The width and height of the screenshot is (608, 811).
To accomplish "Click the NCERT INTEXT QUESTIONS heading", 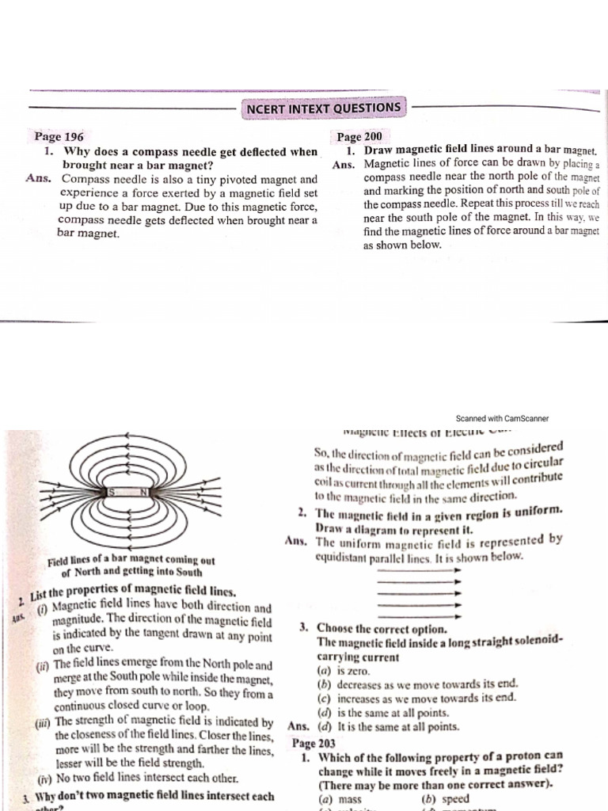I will pos(324,107).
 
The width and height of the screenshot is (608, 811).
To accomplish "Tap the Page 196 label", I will pos(59,137).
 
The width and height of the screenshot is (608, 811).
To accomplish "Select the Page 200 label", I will pos(359,137).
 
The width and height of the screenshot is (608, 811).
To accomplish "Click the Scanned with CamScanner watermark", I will pos(502,418).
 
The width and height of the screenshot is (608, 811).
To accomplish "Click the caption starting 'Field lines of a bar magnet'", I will pos(131,566).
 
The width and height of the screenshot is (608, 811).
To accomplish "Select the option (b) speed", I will pos(446,799).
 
